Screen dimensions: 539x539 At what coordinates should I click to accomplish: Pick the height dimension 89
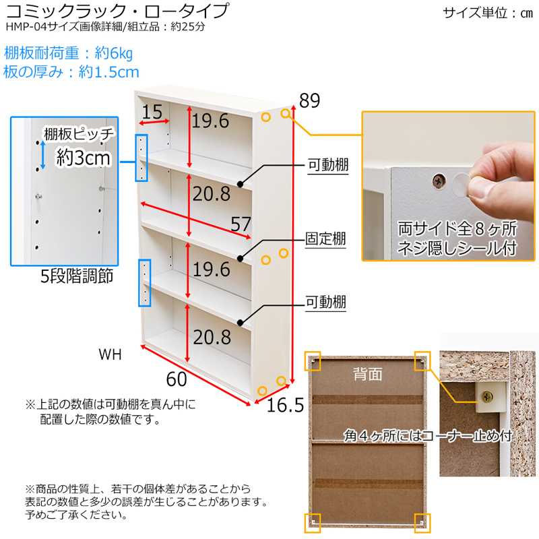click(x=309, y=101)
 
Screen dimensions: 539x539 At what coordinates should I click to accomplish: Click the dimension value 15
click(x=152, y=112)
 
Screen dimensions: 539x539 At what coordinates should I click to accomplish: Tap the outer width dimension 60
click(x=176, y=379)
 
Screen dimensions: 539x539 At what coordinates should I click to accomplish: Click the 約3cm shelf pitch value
click(x=83, y=159)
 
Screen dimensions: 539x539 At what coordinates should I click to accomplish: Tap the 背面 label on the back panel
click(x=367, y=372)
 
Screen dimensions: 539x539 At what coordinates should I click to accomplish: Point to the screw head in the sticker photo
click(x=439, y=180)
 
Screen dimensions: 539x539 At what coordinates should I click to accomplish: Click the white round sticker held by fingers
click(x=462, y=181)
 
